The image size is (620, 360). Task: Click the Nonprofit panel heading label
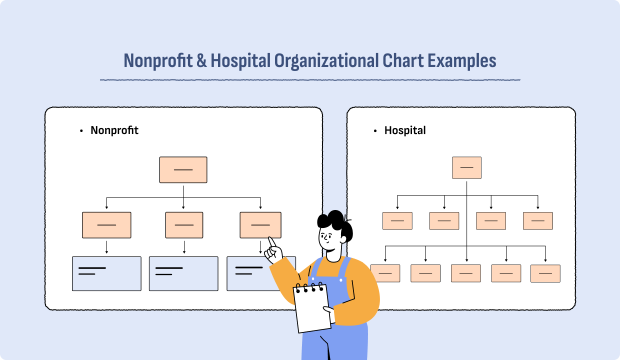[114, 130]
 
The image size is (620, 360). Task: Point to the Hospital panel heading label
[405, 130]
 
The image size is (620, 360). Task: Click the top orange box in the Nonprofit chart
[183, 169]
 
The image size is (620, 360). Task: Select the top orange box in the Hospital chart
[467, 167]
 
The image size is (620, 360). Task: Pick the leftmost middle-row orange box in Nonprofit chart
[106, 225]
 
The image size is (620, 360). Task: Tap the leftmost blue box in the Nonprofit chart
[106, 273]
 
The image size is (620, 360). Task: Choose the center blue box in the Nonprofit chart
[183, 273]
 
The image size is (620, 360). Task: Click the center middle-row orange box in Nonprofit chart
[183, 225]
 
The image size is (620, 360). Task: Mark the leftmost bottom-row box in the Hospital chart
[385, 272]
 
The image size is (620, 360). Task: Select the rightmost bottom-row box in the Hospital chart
[545, 272]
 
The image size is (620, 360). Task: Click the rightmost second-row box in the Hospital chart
[538, 220]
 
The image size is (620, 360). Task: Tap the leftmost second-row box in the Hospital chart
[397, 220]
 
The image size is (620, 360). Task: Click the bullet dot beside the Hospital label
[374, 131]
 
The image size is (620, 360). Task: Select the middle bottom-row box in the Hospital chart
[466, 272]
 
